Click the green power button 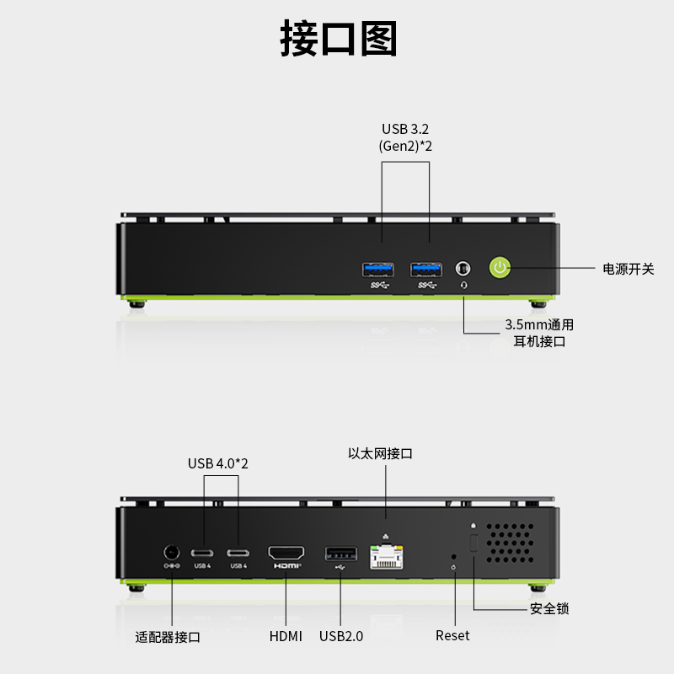pyautogui.click(x=500, y=268)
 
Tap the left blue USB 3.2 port pyautogui.click(x=377, y=270)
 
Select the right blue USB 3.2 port pyautogui.click(x=426, y=270)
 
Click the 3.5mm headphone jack pyautogui.click(x=463, y=269)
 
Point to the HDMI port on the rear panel pyautogui.click(x=286, y=553)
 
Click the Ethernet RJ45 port pyautogui.click(x=387, y=557)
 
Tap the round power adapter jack pyautogui.click(x=172, y=553)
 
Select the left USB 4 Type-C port pyautogui.click(x=202, y=553)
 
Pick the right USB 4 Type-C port pyautogui.click(x=238, y=553)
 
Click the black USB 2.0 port pyautogui.click(x=341, y=554)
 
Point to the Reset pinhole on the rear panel pyautogui.click(x=453, y=557)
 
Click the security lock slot pyautogui.click(x=473, y=543)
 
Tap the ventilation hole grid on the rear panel pyautogui.click(x=511, y=543)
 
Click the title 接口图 pyautogui.click(x=339, y=38)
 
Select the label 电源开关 pyautogui.click(x=628, y=269)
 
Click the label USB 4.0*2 pyautogui.click(x=218, y=463)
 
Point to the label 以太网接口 pyautogui.click(x=380, y=453)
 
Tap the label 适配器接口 pyautogui.click(x=168, y=637)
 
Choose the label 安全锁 pyautogui.click(x=549, y=608)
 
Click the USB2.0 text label pyautogui.click(x=341, y=636)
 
